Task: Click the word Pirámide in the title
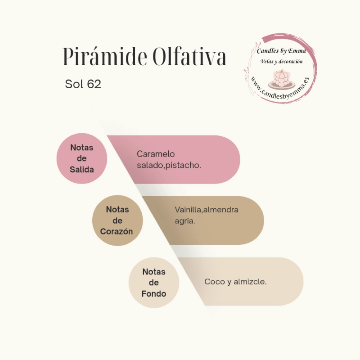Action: click(x=105, y=56)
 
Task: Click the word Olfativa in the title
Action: click(x=189, y=56)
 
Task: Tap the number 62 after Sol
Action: click(x=94, y=84)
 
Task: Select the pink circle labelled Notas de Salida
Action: click(x=82, y=158)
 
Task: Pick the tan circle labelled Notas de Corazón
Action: click(x=117, y=220)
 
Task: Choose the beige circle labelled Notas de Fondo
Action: click(x=154, y=283)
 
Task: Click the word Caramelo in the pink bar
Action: click(x=156, y=154)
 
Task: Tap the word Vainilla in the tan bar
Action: click(x=188, y=210)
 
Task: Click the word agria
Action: click(x=185, y=221)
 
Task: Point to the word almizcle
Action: click(x=250, y=282)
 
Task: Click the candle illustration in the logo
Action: click(x=282, y=80)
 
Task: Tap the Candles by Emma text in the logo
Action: click(x=282, y=51)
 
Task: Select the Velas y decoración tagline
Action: click(x=282, y=62)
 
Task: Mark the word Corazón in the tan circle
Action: click(x=117, y=231)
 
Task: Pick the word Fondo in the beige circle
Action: click(x=154, y=294)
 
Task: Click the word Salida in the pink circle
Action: click(x=82, y=170)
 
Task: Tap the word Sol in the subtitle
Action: click(x=74, y=84)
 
